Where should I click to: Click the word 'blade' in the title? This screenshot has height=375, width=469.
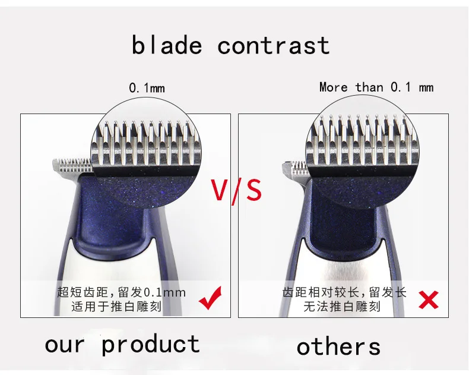[167, 45]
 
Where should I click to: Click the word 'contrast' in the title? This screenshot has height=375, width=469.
[273, 46]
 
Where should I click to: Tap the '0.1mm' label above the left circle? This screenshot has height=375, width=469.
[147, 88]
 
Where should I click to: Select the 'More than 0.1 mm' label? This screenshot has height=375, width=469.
[376, 87]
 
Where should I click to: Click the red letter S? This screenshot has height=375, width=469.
[252, 190]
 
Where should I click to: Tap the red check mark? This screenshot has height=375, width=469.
[211, 298]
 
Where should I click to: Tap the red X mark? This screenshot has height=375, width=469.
[429, 300]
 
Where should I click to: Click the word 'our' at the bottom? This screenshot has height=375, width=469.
[65, 345]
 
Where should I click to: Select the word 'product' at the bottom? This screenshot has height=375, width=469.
[151, 345]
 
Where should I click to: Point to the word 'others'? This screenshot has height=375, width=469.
[338, 347]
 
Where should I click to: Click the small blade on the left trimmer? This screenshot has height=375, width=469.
[72, 165]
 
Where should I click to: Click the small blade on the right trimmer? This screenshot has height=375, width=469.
[294, 168]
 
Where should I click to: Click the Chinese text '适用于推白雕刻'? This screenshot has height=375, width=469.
[116, 307]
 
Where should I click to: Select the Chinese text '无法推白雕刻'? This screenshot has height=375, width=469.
[342, 307]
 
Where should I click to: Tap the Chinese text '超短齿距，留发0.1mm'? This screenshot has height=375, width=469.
[121, 292]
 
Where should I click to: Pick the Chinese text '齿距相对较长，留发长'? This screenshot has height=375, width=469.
[344, 292]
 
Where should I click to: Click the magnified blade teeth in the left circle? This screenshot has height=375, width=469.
[146, 143]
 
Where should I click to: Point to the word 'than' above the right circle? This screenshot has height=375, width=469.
[369, 87]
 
